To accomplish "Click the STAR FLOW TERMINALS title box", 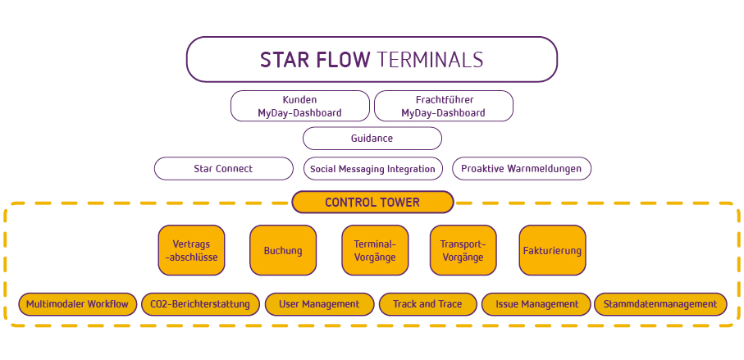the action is tap(372, 59).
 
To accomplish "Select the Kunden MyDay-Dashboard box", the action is tap(300, 106).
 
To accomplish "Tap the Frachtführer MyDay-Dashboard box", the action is tap(444, 106).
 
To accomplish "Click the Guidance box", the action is tap(372, 139).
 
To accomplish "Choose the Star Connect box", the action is tap(223, 168).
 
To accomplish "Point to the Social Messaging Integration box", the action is tap(373, 168).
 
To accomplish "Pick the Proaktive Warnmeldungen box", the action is tap(522, 168).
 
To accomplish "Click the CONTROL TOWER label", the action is tap(372, 202).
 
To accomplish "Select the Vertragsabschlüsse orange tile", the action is tap(191, 250).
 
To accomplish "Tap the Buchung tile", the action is tap(283, 250).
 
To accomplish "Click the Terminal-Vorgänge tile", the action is tap(375, 250).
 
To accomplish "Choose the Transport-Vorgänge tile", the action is tap(463, 250).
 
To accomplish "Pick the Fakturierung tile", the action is tap(552, 250).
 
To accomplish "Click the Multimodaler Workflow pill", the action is tap(77, 304).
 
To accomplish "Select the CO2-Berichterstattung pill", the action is tap(200, 304).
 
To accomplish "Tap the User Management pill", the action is tap(319, 304).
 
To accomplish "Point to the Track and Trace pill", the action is tap(427, 304).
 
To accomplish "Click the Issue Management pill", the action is tap(537, 304).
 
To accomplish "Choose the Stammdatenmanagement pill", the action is tap(660, 304).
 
